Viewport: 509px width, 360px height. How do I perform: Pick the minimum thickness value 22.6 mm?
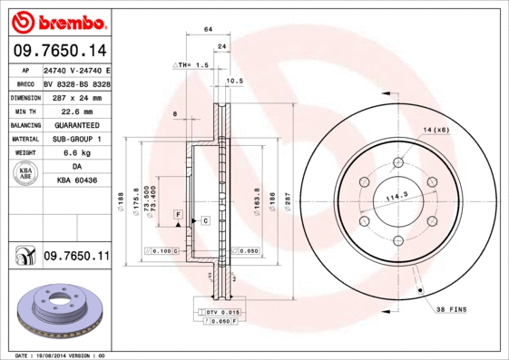[75, 111]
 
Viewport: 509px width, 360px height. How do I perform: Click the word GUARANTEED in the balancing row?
[75, 124]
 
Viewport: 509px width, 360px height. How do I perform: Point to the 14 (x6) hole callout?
[435, 131]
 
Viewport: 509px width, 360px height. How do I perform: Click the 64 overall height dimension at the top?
[208, 30]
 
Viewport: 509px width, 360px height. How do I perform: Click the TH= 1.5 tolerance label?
[193, 66]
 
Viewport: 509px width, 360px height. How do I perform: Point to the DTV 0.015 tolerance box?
[218, 312]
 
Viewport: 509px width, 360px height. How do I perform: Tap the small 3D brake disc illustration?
[56, 310]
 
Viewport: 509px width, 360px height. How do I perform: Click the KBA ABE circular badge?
[26, 175]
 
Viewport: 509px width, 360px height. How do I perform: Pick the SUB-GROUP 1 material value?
[75, 139]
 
